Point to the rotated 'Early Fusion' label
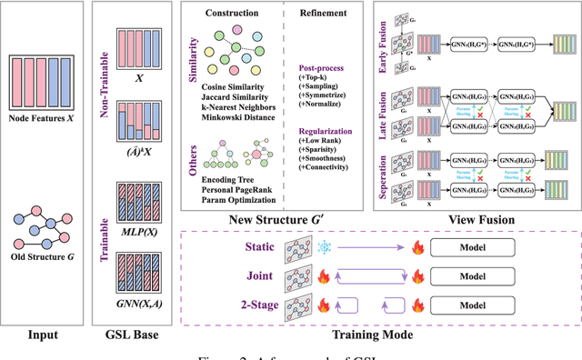[380, 40]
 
